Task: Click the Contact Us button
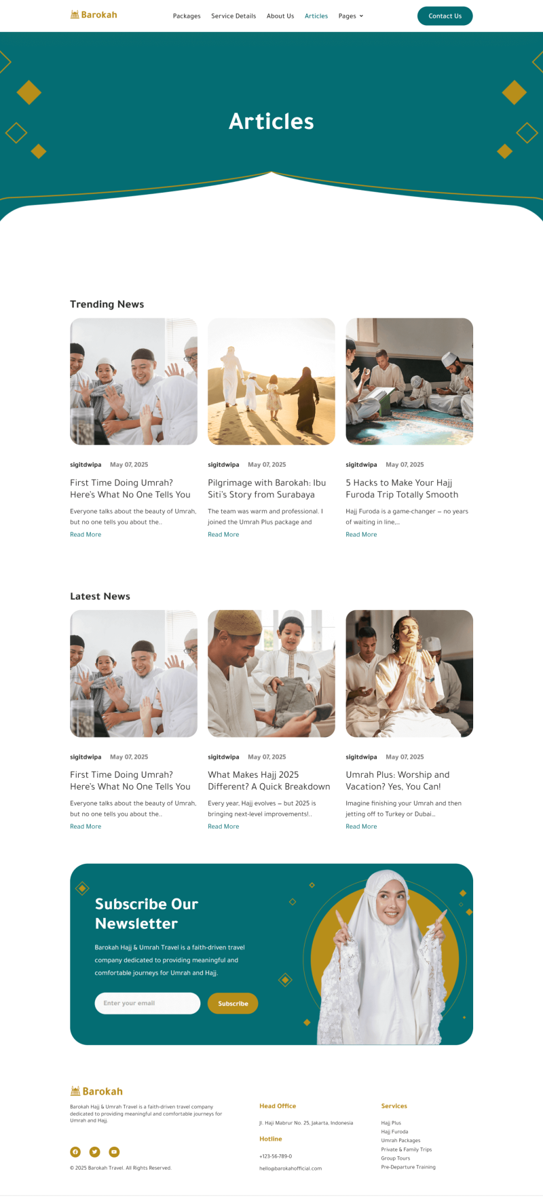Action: tap(445, 16)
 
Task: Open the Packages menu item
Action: tap(187, 16)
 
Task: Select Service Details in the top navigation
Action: tap(233, 16)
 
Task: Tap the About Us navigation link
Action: tap(280, 16)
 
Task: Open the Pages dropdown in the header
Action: tap(351, 16)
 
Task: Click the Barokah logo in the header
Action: tap(94, 15)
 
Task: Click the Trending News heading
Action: tap(107, 304)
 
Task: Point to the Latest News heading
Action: tap(100, 596)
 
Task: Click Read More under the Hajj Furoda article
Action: tap(361, 535)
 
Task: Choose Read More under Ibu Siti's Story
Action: tap(223, 535)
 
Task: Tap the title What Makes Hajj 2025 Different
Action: tap(269, 780)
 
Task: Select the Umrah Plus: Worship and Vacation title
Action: tap(398, 780)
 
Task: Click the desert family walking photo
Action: tap(271, 381)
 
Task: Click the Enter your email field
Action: tap(147, 1003)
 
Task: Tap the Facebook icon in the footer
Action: tap(75, 1152)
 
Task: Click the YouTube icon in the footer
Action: tap(114, 1152)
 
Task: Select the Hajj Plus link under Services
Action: tap(391, 1123)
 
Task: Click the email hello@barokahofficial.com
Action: tap(291, 1168)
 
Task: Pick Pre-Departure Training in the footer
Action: tap(408, 1167)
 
